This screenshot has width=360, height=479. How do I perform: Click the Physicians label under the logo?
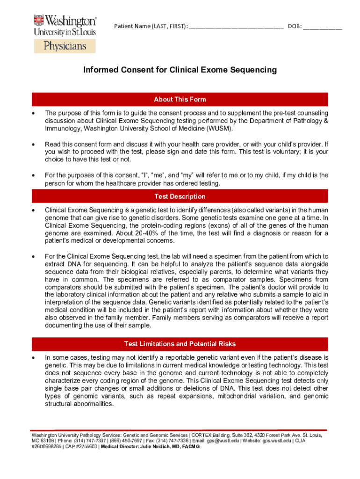pos(65,46)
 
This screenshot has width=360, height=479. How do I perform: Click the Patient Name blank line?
pos(236,26)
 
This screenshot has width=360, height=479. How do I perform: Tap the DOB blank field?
pos(322,26)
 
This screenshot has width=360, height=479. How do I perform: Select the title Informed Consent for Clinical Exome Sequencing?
pos(180,70)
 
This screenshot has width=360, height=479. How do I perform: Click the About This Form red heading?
pos(180,99)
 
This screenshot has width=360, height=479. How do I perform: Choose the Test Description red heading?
pos(180,196)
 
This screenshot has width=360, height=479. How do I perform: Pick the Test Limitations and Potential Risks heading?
pos(180,344)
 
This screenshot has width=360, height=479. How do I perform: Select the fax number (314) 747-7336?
pos(172,441)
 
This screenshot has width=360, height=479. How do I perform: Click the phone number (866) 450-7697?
pos(111,441)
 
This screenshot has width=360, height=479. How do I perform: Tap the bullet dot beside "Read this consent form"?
pos(33,145)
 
